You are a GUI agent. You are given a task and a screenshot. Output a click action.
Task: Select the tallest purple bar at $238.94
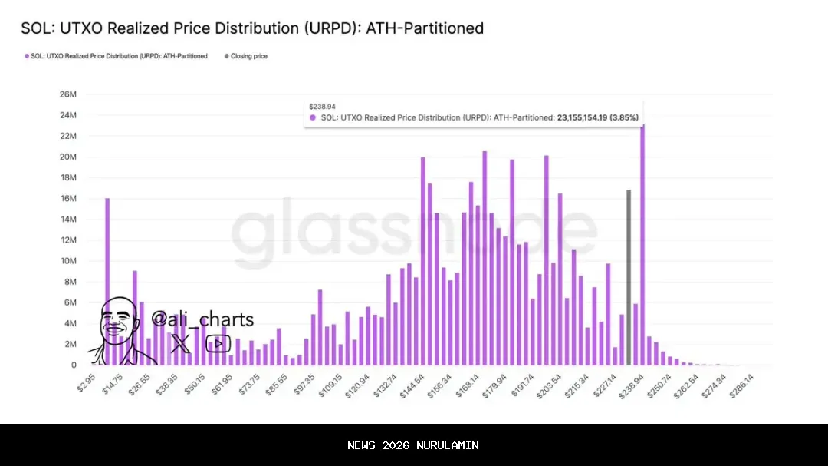pyautogui.click(x=642, y=246)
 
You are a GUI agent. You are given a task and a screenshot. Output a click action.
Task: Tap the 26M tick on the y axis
pyautogui.click(x=67, y=94)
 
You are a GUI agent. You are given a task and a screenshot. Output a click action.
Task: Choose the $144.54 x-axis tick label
pyautogui.click(x=412, y=385)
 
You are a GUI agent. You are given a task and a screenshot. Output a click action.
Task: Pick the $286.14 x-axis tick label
pyautogui.click(x=741, y=385)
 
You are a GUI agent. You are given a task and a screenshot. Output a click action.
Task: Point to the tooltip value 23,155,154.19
pyautogui.click(x=587, y=117)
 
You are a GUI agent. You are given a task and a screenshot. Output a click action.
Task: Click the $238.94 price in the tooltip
pyautogui.click(x=322, y=107)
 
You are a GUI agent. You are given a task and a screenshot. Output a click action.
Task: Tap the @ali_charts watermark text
pyautogui.click(x=202, y=319)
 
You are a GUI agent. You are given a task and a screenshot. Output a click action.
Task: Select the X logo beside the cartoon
pyautogui.click(x=181, y=343)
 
